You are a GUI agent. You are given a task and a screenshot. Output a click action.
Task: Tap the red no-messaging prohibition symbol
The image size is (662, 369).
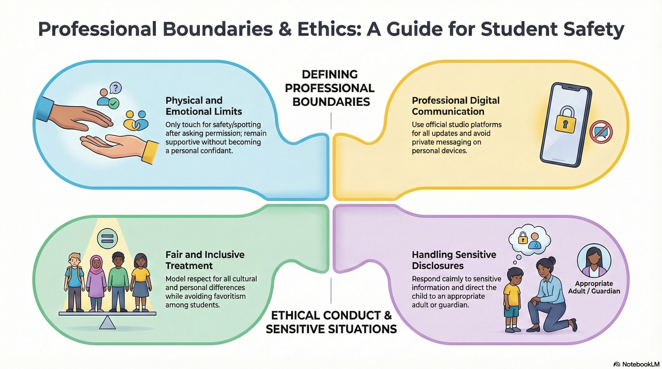[601, 132]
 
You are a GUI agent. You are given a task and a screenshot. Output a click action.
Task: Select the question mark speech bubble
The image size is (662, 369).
[115, 88]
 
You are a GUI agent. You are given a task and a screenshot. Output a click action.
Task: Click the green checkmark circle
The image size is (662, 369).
[114, 103]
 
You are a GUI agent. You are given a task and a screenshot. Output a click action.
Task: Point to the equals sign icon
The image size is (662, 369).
[107, 239]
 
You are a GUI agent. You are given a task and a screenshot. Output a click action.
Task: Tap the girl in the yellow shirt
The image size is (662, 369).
[141, 282]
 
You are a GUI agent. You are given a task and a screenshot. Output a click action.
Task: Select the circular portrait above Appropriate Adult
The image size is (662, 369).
[594, 260]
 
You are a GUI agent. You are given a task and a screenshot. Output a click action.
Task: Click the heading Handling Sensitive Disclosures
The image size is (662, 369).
[454, 260]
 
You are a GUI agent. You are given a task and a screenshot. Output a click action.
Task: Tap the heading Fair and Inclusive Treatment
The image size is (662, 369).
[205, 260]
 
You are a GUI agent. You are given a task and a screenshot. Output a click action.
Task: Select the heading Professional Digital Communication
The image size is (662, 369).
[456, 106]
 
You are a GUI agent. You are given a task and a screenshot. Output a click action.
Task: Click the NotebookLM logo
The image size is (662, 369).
[636, 364]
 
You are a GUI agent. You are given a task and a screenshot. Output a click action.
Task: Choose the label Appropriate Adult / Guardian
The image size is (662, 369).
[594, 287]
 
